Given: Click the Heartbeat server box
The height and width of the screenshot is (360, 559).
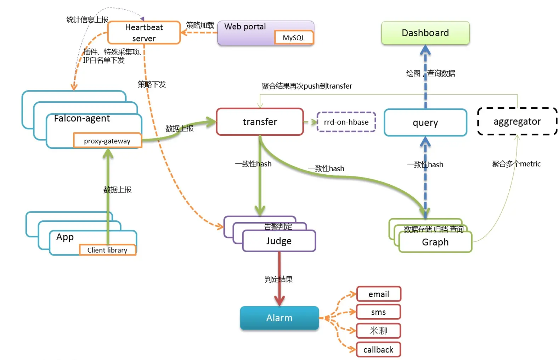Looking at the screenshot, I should (x=144, y=33).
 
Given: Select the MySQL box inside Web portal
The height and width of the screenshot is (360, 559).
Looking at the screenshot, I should (x=294, y=38).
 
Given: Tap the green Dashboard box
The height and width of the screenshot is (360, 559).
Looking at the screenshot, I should (x=425, y=33).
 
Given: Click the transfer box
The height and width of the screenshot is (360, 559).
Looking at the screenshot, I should (x=260, y=122).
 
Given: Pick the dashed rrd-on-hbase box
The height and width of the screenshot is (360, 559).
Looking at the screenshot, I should (x=346, y=122).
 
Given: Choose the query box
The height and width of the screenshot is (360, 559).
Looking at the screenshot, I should (x=425, y=123).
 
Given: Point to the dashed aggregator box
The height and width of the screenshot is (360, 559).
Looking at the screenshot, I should (x=517, y=122).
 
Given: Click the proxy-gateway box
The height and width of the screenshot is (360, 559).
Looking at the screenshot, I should (x=107, y=141).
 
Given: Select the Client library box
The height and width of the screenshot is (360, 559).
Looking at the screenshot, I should (x=107, y=250).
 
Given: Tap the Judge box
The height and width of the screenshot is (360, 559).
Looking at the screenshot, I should (x=279, y=241).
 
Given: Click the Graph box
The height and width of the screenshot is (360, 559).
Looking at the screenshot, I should (x=435, y=242).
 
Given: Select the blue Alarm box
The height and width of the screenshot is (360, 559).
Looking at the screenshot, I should (x=279, y=318).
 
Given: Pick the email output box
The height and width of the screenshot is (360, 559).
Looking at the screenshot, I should (x=378, y=294).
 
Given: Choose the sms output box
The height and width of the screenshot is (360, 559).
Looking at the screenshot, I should (x=378, y=312).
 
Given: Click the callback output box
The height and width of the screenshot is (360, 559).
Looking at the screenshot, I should (x=378, y=350).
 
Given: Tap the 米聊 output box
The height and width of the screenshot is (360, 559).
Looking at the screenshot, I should (x=378, y=331).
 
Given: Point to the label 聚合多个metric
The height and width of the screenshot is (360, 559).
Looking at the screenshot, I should (x=516, y=164).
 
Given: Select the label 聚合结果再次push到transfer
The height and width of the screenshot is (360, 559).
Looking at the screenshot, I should (x=307, y=86).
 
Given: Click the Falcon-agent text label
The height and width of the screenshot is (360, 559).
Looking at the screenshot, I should (x=82, y=118).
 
